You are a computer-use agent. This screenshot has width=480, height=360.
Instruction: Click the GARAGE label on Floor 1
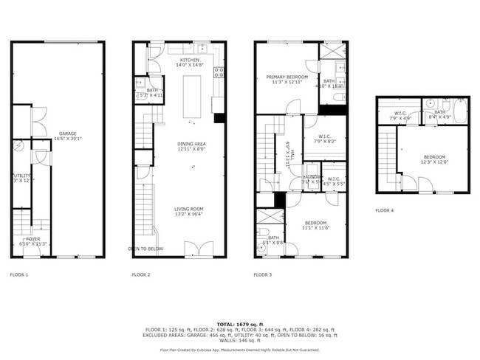pos(68,134)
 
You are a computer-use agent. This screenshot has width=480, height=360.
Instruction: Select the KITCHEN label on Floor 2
pos(179,60)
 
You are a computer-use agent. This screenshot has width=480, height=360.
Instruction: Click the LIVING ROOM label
pos(188,209)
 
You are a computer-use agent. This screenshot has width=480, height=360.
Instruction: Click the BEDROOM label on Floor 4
pos(434,156)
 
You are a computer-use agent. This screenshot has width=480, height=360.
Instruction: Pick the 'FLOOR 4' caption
pos(385,210)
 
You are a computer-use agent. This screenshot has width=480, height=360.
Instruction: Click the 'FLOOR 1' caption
pos(19,274)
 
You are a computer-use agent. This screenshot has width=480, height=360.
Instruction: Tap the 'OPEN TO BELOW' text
pos(145,249)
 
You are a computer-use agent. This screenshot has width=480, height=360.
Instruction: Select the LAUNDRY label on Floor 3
pos(312,178)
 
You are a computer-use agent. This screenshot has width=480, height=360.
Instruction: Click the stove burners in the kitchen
pos(219,72)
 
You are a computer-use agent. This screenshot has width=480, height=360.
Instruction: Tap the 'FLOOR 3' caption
pos(263,274)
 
